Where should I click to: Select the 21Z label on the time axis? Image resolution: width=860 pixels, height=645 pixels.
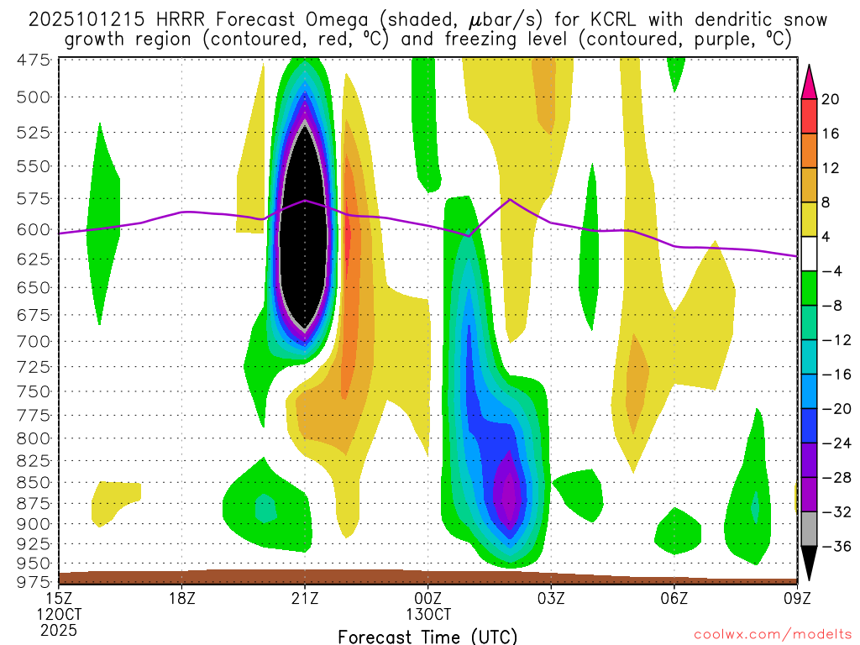(x=305, y=598)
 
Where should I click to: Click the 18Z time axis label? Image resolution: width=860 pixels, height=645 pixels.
(x=182, y=598)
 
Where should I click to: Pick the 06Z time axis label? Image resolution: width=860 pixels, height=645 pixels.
(x=674, y=598)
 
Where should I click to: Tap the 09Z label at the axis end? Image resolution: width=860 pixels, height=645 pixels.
(x=796, y=598)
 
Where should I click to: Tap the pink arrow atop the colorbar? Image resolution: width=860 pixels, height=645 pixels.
(x=809, y=81)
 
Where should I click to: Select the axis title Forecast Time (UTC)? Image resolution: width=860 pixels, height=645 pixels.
(x=427, y=636)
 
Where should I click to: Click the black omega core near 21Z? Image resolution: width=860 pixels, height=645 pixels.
(x=304, y=227)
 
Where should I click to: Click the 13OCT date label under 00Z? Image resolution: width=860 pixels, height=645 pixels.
(x=428, y=614)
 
